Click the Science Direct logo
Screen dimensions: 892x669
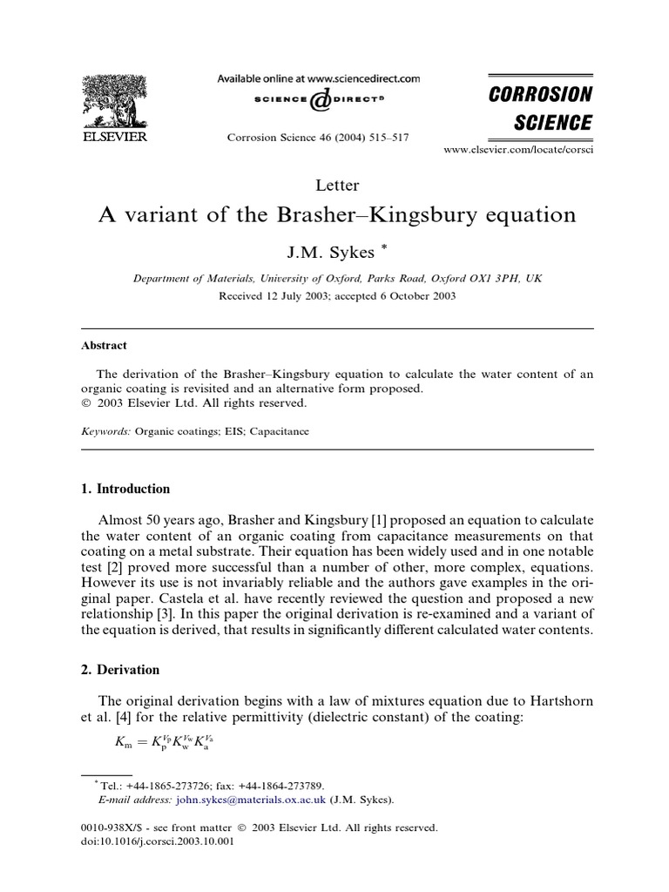319,101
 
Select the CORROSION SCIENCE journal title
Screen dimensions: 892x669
540,108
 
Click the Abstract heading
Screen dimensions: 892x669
105,345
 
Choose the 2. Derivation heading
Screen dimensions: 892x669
120,670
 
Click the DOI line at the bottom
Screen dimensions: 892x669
155,841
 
